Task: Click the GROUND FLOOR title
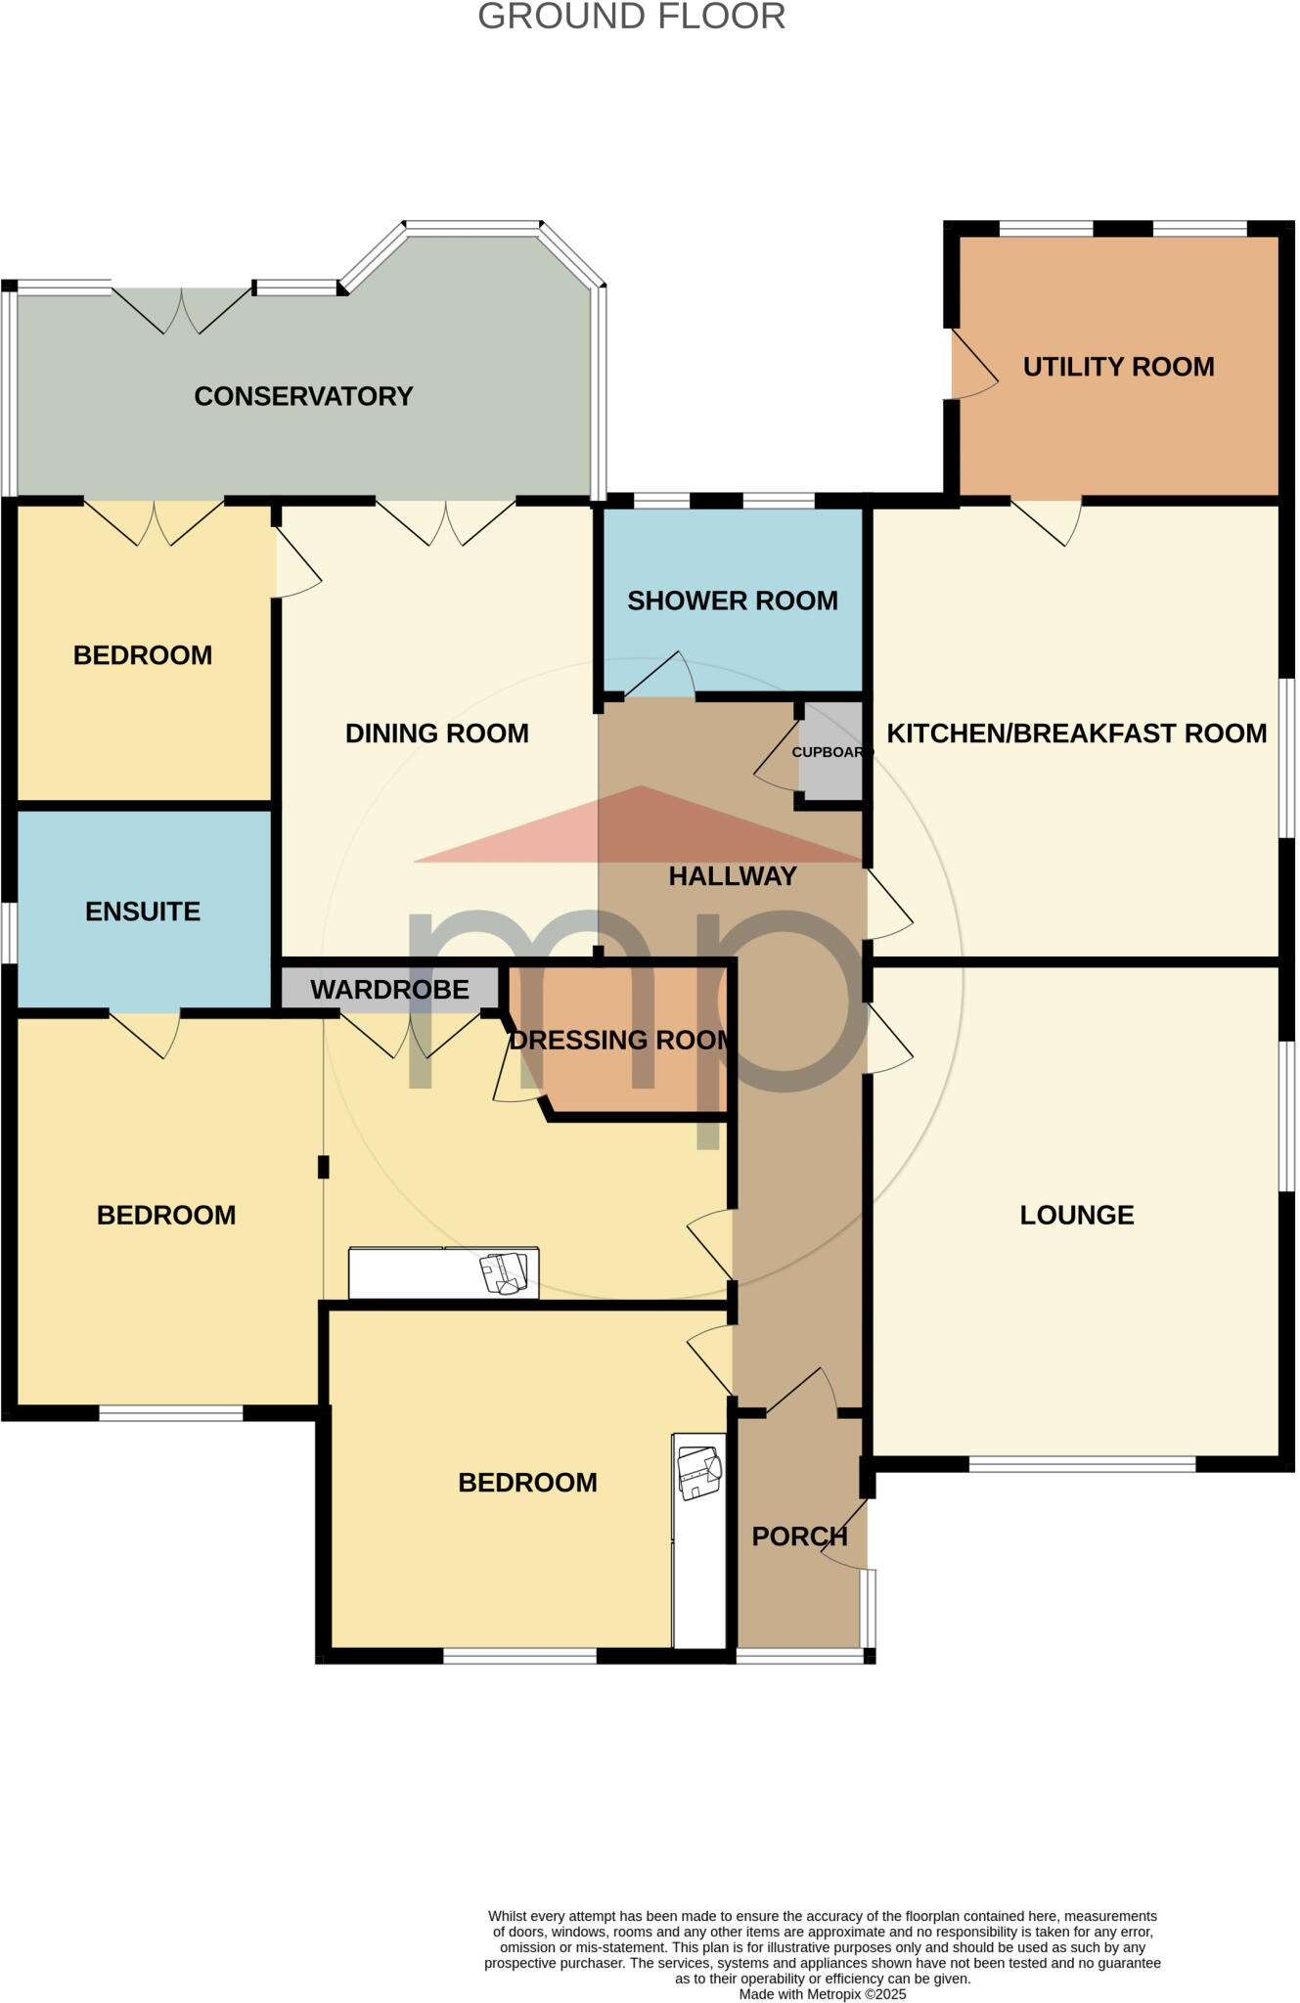(x=631, y=17)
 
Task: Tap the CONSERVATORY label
(x=303, y=396)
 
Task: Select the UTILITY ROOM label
(x=1118, y=367)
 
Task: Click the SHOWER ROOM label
(x=732, y=601)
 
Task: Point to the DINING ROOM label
(x=436, y=734)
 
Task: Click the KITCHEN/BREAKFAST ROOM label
(x=1076, y=734)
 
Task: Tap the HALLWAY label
(x=732, y=876)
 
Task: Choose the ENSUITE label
(x=143, y=912)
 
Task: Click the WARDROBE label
(x=389, y=990)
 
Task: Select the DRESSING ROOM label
(x=620, y=1040)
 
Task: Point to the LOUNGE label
(x=1076, y=1215)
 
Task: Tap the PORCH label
(x=799, y=1536)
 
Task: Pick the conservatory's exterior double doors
(x=182, y=309)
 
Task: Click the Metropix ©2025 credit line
(x=822, y=1994)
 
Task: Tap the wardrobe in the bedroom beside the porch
(x=698, y=1539)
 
